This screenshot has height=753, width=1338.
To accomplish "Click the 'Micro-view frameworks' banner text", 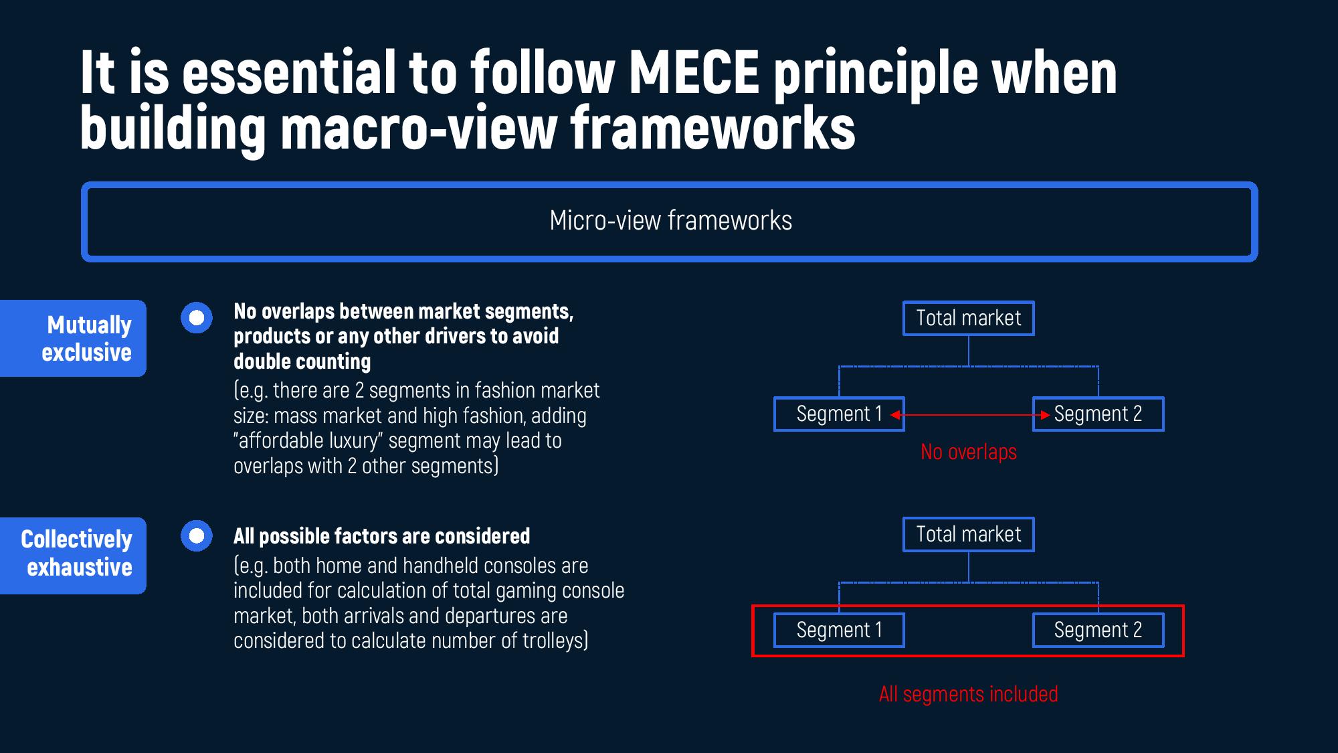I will click(670, 221).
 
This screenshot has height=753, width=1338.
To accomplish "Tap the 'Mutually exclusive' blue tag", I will click(74, 338).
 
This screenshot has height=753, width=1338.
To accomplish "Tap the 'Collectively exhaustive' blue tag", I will click(74, 555).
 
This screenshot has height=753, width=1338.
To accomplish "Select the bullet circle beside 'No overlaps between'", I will click(197, 317).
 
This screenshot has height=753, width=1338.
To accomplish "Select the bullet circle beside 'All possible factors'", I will click(197, 536).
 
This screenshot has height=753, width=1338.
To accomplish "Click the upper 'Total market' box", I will click(968, 318).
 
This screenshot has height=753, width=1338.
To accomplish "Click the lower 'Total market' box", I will click(968, 534).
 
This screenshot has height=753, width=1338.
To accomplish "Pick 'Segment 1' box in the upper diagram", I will click(839, 414).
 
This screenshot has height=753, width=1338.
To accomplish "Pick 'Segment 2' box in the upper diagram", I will click(1098, 414).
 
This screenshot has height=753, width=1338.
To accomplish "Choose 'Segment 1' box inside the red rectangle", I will click(839, 630).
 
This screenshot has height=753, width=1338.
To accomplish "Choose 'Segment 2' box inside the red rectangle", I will click(1098, 630).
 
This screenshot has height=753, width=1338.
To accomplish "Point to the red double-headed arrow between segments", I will click(969, 415).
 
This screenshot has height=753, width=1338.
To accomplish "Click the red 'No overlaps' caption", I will click(968, 452).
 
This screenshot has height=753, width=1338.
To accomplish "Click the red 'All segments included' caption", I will click(968, 694).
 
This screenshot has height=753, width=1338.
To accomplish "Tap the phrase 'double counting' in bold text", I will click(302, 361).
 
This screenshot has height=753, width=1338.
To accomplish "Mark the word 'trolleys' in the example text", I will click(553, 641).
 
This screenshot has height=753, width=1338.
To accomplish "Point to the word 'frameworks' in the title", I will click(712, 127).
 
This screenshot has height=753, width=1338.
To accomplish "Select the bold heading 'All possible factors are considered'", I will click(381, 536).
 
